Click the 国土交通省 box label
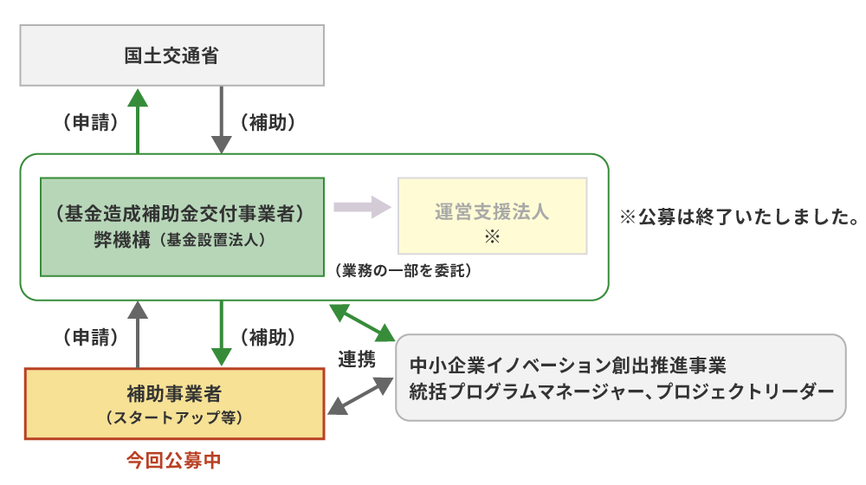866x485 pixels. coord(171,55)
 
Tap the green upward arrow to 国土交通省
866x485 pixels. coord(138,121)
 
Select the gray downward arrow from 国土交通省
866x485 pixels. coord(222,120)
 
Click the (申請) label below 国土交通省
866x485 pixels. coord(91,122)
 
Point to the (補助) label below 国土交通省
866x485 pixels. coord(268,122)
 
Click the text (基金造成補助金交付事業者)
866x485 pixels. coord(180,213)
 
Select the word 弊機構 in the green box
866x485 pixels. coord(122,240)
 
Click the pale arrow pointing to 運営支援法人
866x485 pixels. coord(362,207)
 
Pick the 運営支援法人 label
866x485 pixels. coord(492,211)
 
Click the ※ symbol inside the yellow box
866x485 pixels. coord(492,237)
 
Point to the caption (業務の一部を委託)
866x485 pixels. coord(404,271)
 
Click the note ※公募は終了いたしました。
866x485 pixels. coord(740,217)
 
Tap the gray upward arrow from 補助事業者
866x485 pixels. coord(138,334)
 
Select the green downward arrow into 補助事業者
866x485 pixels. coord(222,333)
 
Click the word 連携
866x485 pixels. coord(357,359)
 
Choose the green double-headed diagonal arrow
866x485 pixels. coord(362,323)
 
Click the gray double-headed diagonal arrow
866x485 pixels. coord(360,396)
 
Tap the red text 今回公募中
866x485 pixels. coord(174,460)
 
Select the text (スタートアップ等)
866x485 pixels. coord(174,417)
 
